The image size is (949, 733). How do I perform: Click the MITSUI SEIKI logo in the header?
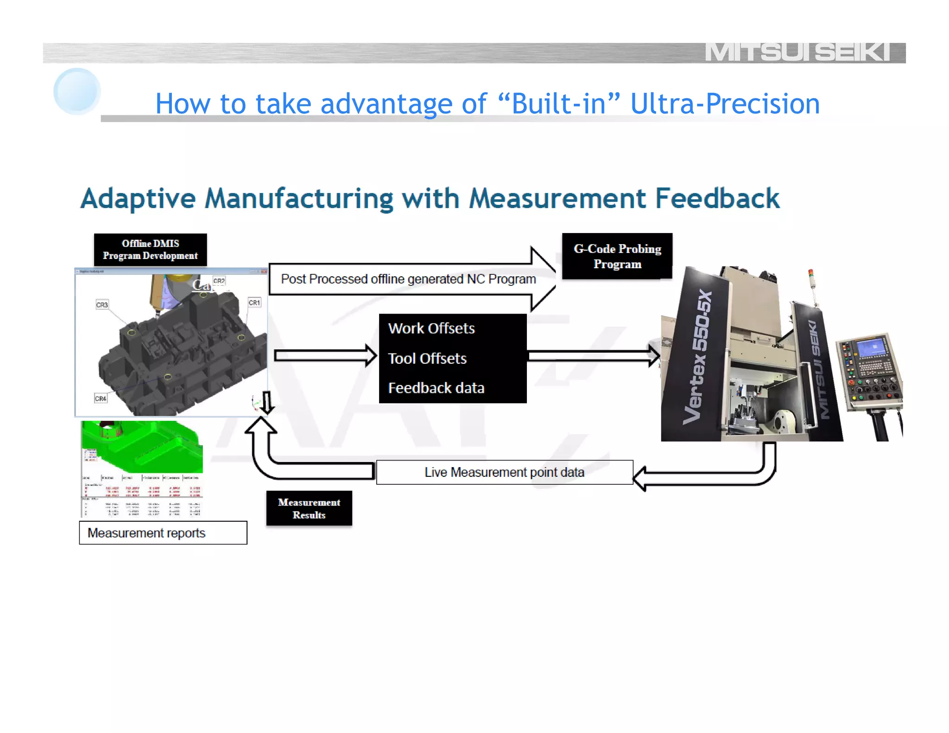click(x=797, y=52)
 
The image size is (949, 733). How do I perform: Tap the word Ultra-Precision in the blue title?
click(x=725, y=103)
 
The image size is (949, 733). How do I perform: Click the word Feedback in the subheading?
click(x=717, y=199)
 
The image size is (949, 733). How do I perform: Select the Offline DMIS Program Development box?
click(x=150, y=250)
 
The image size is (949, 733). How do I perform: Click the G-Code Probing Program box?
click(x=617, y=256)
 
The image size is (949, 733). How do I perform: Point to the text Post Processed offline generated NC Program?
click(x=408, y=279)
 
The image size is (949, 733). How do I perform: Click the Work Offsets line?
click(x=431, y=329)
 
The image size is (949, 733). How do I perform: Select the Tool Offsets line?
click(x=427, y=359)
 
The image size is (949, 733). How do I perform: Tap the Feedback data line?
click(x=436, y=388)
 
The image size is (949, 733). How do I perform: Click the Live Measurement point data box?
click(x=504, y=472)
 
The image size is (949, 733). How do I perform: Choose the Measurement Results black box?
click(x=309, y=508)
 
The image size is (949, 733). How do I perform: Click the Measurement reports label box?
click(x=163, y=533)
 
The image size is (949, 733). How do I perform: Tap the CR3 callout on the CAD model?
click(x=102, y=305)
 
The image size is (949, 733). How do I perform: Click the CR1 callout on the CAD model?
click(x=254, y=303)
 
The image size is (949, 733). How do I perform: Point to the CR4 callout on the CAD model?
click(x=101, y=398)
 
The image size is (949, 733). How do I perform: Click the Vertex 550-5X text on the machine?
click(x=700, y=357)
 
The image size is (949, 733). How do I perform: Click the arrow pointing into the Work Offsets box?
click(x=325, y=356)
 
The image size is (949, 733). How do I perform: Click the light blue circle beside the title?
click(x=77, y=91)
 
